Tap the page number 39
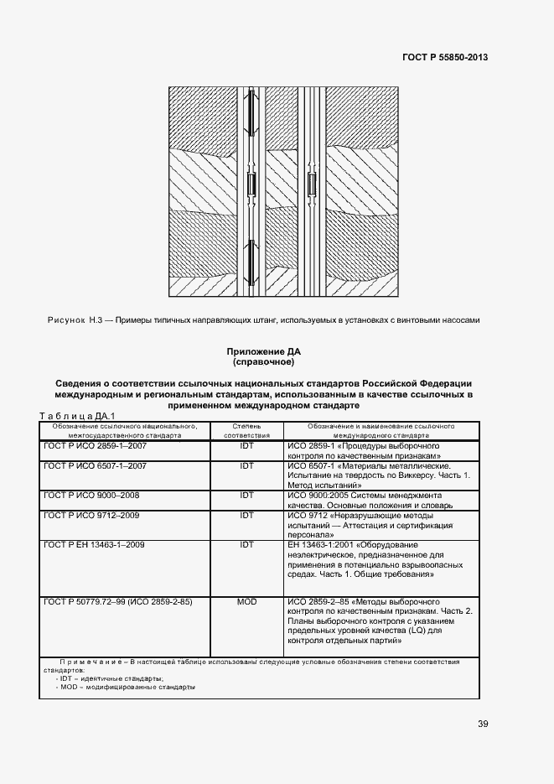[484, 724]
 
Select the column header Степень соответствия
[246, 431]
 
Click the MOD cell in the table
[246, 602]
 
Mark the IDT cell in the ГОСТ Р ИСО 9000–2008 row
[246, 495]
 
